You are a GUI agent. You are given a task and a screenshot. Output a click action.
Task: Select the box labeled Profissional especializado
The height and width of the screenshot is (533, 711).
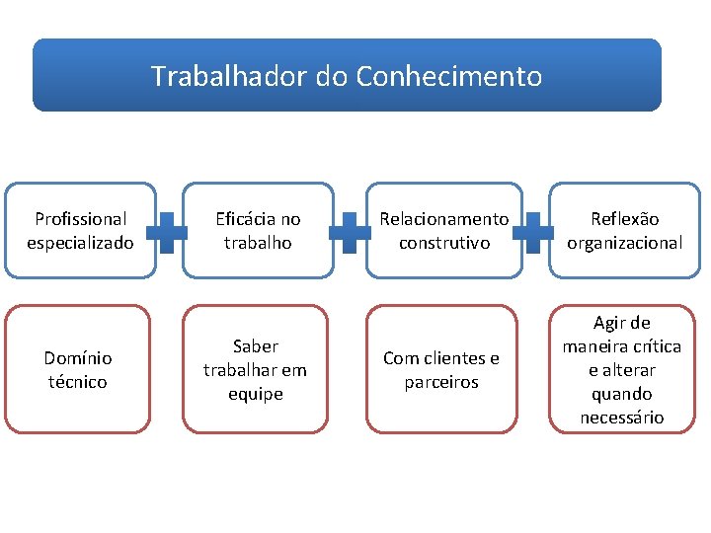pos(80,230)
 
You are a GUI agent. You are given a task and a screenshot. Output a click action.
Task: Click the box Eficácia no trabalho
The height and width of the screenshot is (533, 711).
pos(257,230)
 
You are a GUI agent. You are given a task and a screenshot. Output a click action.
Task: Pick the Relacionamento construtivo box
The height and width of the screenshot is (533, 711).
pos(444,230)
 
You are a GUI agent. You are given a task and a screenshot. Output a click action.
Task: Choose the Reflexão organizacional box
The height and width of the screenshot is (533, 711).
pos(623,230)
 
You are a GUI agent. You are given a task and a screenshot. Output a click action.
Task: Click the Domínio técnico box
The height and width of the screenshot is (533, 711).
pos(78,369)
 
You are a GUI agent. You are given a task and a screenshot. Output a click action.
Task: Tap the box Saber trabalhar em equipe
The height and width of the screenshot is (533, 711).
pos(255,369)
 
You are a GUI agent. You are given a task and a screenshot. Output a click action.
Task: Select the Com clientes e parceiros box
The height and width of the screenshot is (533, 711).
pos(441,369)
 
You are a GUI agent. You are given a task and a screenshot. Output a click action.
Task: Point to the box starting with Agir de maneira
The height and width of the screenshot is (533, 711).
pos(622,369)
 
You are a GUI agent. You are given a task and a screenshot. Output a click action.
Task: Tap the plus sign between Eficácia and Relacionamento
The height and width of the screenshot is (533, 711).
pos(351,231)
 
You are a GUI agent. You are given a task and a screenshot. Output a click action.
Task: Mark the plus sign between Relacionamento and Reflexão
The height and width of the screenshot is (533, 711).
pos(533,231)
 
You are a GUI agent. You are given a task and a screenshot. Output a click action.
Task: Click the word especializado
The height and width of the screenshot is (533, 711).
pos(80,243)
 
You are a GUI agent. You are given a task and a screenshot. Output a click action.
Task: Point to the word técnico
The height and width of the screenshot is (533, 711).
pos(78,382)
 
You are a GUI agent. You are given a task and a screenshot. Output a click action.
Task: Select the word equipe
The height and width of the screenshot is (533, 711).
pos(255,394)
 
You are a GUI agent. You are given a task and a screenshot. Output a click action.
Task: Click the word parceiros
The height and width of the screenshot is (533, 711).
pos(441,382)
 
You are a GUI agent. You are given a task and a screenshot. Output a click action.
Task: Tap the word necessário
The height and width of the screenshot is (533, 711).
pos(622,418)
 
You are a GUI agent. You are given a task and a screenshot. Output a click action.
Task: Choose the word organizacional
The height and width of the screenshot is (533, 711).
pos(623,243)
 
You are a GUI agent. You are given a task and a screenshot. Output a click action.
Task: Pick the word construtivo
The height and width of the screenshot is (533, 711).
pos(444,243)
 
